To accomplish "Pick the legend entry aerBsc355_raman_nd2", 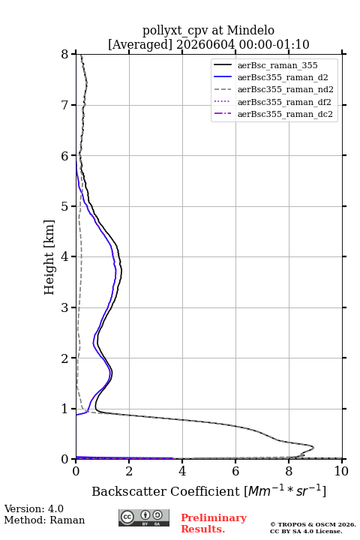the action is coord(274,89).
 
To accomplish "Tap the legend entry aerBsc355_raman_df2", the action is coord(272,102).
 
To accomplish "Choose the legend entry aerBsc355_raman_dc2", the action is coord(273,114).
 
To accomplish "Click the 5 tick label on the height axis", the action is coord(65,207).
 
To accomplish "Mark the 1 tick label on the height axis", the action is coord(65,409).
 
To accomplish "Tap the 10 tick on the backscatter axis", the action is coord(341,471).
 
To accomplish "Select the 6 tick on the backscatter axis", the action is coord(235,471).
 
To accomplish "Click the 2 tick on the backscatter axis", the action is coord(129,471).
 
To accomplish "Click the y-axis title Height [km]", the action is coord(49,257).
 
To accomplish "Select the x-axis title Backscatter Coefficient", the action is coord(165,491).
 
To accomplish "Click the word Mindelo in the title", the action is coord(250,31).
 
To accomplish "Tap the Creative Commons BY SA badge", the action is coord(144,518).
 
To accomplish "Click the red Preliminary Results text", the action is coord(214,523).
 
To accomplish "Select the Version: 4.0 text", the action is coord(34,509).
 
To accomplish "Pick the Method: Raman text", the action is coord(44,520).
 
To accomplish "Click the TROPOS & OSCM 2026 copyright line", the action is coord(313,524).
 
